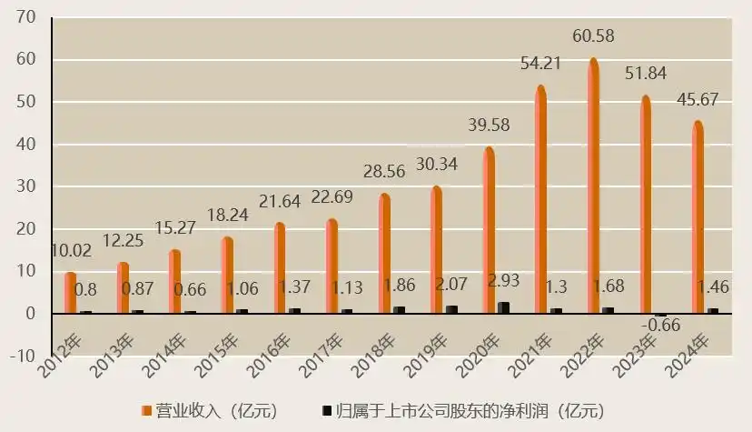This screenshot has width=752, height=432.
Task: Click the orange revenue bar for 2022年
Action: [593, 186]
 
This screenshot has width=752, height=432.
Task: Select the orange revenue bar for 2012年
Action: [70, 292]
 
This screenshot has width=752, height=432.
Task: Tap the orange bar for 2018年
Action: [384, 253]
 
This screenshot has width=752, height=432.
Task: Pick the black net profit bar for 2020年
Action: [503, 307]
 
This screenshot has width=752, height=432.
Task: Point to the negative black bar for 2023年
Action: [660, 315]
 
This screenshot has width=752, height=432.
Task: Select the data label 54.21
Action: [540, 65]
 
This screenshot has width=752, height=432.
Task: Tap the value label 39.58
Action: [490, 125]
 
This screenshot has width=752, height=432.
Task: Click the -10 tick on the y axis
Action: [22, 356]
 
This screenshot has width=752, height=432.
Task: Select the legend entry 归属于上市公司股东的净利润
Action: [463, 411]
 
